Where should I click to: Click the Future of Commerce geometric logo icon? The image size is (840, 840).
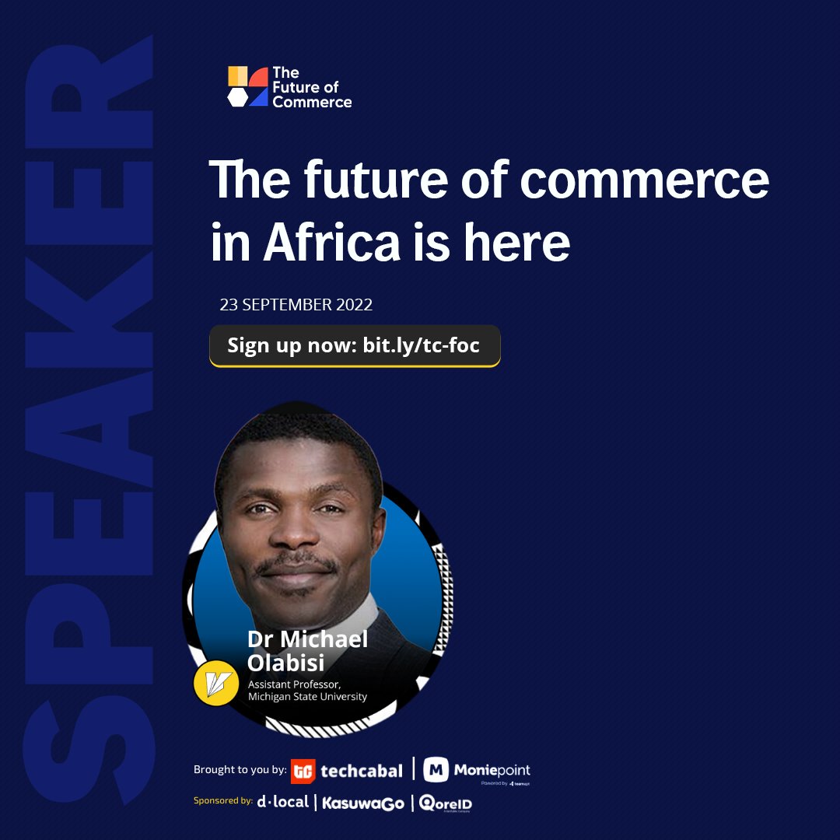pyautogui.click(x=247, y=86)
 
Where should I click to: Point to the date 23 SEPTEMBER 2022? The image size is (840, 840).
pyautogui.click(x=296, y=304)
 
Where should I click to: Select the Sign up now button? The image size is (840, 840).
pyautogui.click(x=354, y=345)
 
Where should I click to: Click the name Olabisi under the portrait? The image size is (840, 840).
pyautogui.click(x=285, y=663)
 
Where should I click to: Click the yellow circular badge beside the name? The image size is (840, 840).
pyautogui.click(x=215, y=682)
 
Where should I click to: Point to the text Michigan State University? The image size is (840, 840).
pyautogui.click(x=307, y=696)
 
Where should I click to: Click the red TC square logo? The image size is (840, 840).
pyautogui.click(x=303, y=771)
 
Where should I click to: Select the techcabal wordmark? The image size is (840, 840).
pyautogui.click(x=362, y=771)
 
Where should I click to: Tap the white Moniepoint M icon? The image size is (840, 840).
pyautogui.click(x=436, y=770)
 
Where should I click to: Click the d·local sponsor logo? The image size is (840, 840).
pyautogui.click(x=283, y=801)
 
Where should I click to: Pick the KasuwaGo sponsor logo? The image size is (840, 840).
pyautogui.click(x=363, y=803)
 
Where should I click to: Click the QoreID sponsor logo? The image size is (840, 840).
pyautogui.click(x=446, y=803)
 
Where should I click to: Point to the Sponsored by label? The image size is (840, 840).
pyautogui.click(x=223, y=800)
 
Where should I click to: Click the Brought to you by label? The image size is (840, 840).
pyautogui.click(x=239, y=770)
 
